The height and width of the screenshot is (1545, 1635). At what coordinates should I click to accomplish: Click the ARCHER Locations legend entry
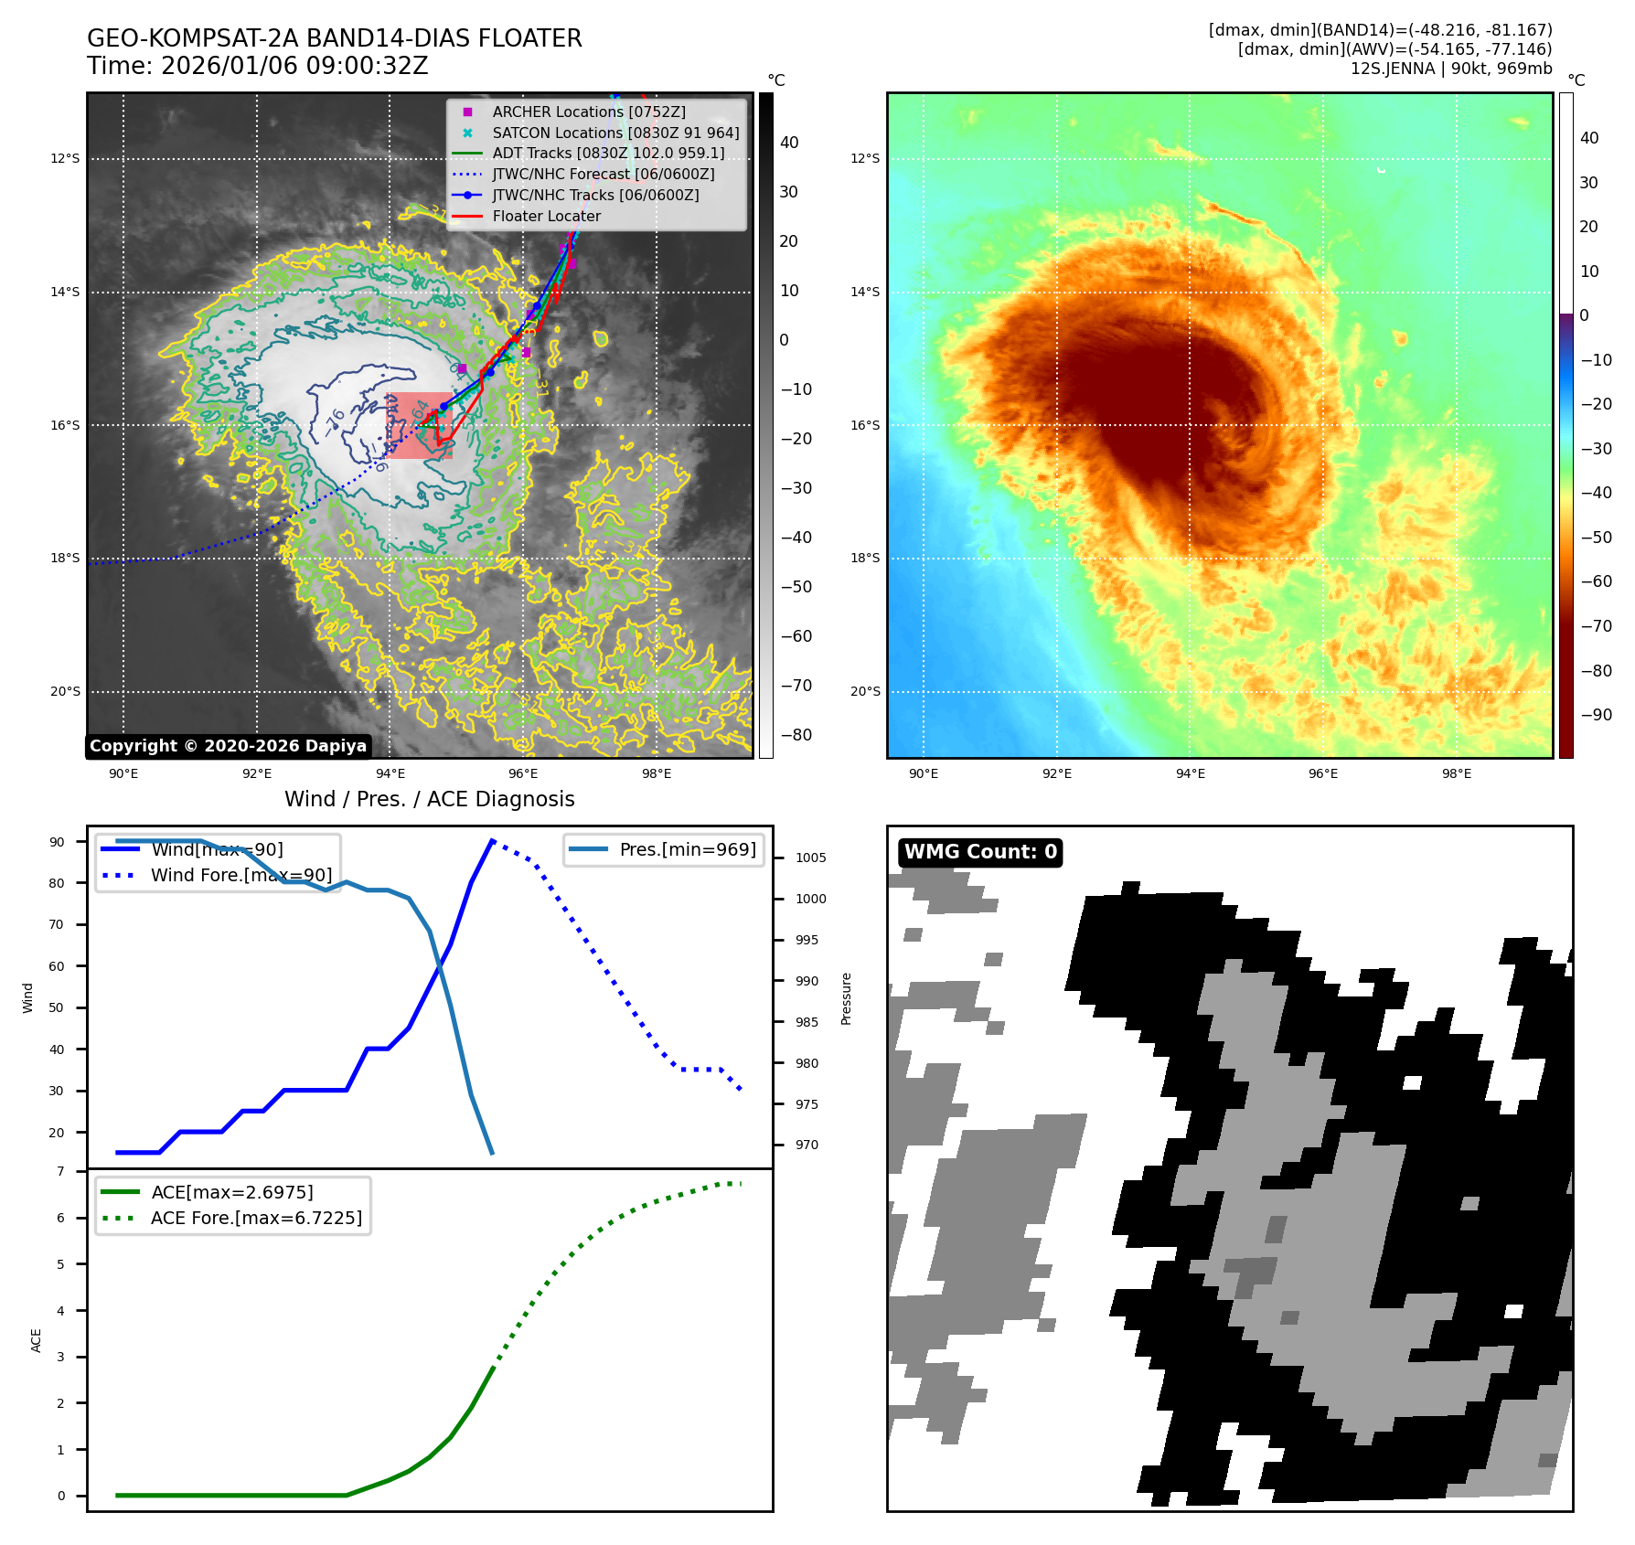pos(588,112)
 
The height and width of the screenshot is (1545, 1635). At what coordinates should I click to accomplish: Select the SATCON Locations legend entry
pos(614,133)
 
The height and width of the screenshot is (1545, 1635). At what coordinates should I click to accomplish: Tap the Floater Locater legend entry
pos(546,216)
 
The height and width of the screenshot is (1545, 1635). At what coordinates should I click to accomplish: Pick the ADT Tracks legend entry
pos(607,153)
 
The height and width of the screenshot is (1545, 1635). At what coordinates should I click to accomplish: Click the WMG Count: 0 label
pos(980,852)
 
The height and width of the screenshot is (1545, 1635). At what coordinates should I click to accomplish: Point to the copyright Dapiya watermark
pos(228,746)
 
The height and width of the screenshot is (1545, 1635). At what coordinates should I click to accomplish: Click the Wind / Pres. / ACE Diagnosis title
pos(430,799)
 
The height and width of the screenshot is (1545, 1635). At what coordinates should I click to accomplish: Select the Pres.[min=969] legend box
pos(664,849)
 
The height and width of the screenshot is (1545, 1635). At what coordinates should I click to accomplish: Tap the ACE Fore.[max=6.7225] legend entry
pos(256,1218)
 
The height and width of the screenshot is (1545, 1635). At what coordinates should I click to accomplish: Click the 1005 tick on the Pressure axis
pos(810,858)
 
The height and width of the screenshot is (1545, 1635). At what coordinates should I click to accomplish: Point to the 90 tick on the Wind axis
pos(58,842)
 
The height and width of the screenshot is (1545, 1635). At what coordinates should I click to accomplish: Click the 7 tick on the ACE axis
pos(61,1171)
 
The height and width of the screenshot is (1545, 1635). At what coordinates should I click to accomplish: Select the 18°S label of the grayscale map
pos(65,558)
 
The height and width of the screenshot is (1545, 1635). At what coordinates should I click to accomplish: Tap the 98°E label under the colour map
pos(1457,773)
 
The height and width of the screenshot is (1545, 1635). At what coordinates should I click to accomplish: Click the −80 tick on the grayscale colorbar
pos(796,735)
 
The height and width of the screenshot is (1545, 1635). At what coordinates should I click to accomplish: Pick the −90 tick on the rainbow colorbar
pos(1596,715)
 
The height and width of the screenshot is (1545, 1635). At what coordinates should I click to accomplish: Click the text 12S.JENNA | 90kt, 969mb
pos(1450,69)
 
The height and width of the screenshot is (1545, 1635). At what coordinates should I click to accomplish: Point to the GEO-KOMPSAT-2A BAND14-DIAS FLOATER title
pos(334,38)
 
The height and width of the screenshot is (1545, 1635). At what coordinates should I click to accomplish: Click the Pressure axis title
pos(847,998)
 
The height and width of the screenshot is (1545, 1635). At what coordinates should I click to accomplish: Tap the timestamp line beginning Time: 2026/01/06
pos(257,66)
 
